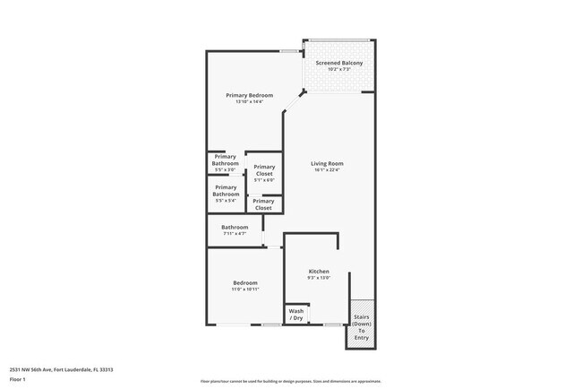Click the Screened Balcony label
click(x=338, y=63)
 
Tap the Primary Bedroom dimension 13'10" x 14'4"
click(x=249, y=101)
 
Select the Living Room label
click(x=327, y=163)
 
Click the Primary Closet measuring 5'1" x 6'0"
click(x=264, y=172)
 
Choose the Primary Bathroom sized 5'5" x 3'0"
click(x=226, y=163)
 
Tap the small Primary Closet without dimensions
click(x=263, y=204)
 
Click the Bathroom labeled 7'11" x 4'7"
click(x=235, y=229)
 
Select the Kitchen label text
click(x=319, y=271)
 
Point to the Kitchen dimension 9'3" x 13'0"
click(x=319, y=278)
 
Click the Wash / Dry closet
click(x=296, y=315)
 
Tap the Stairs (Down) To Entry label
click(x=361, y=327)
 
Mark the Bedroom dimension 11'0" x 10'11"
click(x=245, y=290)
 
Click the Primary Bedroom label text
click(x=249, y=95)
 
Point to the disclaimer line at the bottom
click(x=290, y=381)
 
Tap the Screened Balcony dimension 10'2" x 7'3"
click(x=338, y=70)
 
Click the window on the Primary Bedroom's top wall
click(x=288, y=51)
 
